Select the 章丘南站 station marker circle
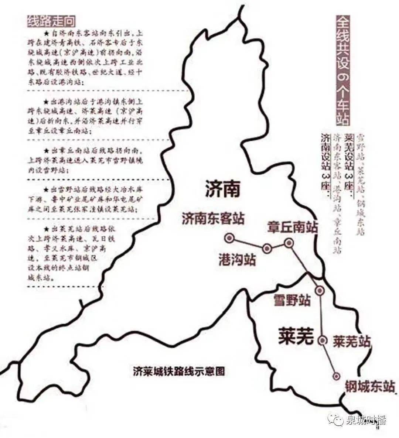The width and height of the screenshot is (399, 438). point(289,243)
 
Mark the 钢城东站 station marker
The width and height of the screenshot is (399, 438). point(337,376)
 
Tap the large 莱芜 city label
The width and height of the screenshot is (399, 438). point(296,337)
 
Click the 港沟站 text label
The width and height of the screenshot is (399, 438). point(237,260)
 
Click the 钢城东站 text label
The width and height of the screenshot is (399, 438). point(369,387)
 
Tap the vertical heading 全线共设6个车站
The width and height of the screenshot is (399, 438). point(344,70)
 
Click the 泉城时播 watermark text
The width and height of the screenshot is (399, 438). point(366,420)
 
